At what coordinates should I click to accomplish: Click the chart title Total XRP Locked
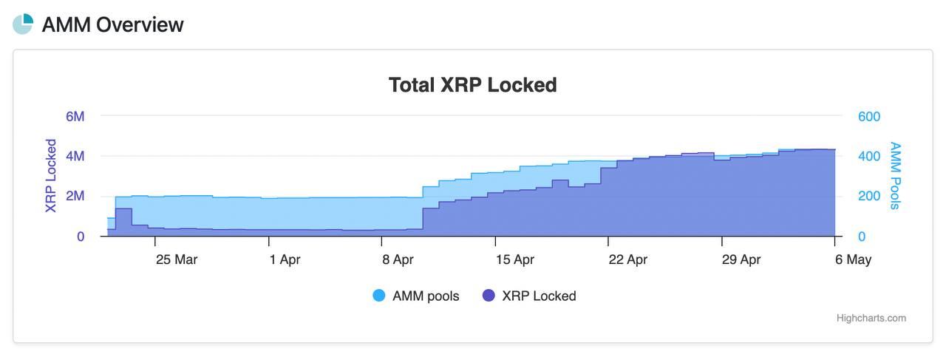click(472, 85)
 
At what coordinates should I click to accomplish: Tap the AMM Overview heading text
click(113, 24)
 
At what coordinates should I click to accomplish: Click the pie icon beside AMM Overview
click(23, 24)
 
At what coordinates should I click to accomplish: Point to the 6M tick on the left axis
click(75, 116)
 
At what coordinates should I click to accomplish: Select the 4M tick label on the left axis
click(75, 156)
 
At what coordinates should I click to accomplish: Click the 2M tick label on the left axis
click(75, 196)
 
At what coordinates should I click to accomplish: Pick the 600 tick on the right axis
click(869, 116)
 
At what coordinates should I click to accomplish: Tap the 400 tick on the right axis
click(869, 156)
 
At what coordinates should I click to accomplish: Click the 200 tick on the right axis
click(869, 196)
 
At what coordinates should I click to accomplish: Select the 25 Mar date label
click(177, 259)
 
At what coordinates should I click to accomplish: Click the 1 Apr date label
click(285, 259)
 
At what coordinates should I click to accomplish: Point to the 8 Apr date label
click(398, 259)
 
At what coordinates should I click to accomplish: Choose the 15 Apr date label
click(515, 259)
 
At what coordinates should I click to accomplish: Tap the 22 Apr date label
click(628, 259)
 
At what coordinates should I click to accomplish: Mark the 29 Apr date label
click(741, 259)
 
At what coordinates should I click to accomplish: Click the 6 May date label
click(853, 259)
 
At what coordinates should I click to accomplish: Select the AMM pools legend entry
click(416, 296)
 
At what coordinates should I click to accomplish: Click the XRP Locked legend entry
click(529, 296)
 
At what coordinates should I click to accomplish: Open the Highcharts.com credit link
click(871, 318)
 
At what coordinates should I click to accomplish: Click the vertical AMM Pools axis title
click(895, 176)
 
